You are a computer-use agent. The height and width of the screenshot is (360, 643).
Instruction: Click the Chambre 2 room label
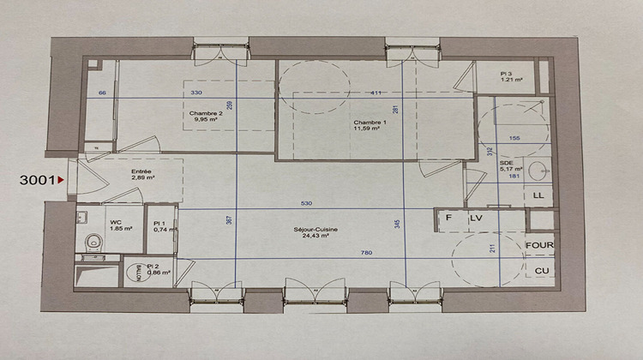coord(206,112)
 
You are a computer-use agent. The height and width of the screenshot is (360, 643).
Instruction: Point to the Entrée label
coord(142,171)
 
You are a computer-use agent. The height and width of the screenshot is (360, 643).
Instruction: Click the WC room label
coord(115,222)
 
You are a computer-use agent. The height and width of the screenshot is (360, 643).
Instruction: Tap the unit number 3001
coord(37,180)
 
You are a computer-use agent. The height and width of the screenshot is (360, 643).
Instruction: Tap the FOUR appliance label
coord(539,245)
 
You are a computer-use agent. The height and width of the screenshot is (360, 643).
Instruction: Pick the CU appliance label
coord(541,271)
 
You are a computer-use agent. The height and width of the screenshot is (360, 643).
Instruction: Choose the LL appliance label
coord(538,196)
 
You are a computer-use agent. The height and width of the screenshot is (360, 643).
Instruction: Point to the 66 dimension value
coord(102,93)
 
